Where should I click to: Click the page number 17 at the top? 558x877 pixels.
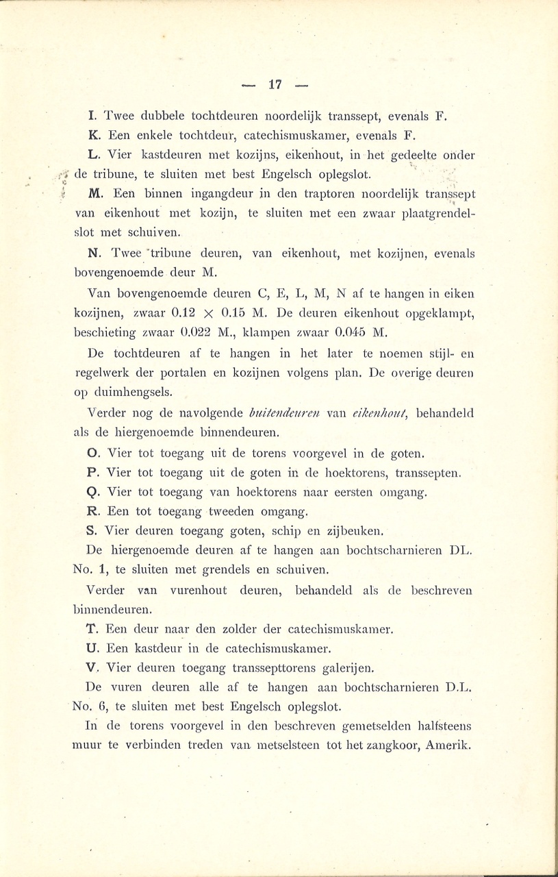click(275, 85)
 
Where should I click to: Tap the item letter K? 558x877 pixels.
click(93, 134)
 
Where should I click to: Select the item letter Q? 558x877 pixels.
click(93, 491)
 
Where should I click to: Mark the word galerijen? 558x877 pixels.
click(342, 667)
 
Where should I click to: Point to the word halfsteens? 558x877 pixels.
click(438, 726)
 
